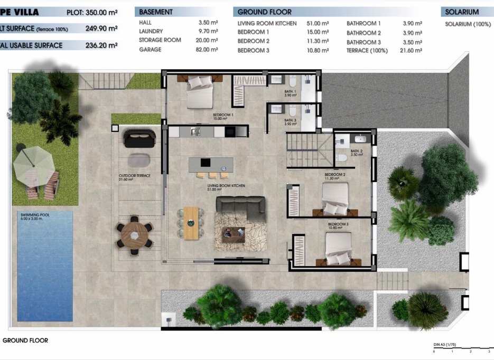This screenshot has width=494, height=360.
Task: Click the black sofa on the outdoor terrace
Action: [139, 139]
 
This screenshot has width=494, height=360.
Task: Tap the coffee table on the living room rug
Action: [233, 232]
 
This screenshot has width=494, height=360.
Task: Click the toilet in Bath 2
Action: [342, 157]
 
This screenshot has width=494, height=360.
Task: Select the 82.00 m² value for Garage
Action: [207, 50]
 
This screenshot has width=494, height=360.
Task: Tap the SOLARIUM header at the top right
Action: [462, 12]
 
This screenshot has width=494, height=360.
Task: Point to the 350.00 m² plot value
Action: [100, 12]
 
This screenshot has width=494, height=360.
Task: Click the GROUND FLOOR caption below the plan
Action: [25, 340]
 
